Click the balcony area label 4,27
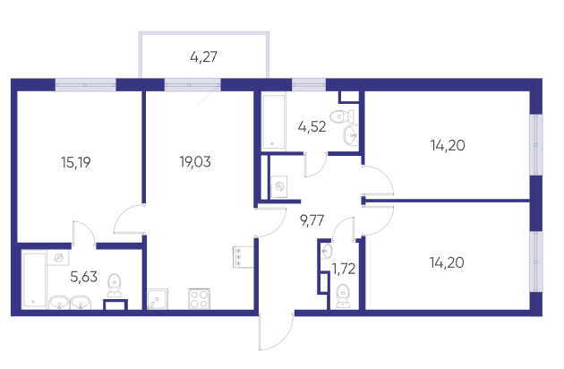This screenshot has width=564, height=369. point(203,57)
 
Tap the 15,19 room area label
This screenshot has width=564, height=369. point(76,162)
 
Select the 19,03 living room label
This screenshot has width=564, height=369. point(195,162)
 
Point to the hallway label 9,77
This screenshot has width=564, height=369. point(312,220)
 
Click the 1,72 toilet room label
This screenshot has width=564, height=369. point(344,269)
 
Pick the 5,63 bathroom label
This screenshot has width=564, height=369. point(84,277)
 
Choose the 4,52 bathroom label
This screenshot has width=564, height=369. point(312,126)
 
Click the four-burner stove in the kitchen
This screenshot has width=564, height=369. point(200,299)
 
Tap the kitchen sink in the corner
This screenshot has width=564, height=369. point(158,299)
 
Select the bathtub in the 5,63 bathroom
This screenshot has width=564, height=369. point(35,279)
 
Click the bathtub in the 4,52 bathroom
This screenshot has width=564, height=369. point(274,121)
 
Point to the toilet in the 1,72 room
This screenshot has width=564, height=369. point(342,296)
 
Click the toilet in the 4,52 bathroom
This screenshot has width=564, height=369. point(342,116)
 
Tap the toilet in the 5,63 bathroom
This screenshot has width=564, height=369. point(115,285)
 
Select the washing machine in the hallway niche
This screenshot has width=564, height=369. point(279,186)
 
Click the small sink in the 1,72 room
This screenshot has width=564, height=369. point(327,251)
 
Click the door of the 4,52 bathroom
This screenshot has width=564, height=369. point(315,165)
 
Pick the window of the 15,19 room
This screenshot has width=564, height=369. point(86,85)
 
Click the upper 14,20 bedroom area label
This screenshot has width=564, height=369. point(448,145)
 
